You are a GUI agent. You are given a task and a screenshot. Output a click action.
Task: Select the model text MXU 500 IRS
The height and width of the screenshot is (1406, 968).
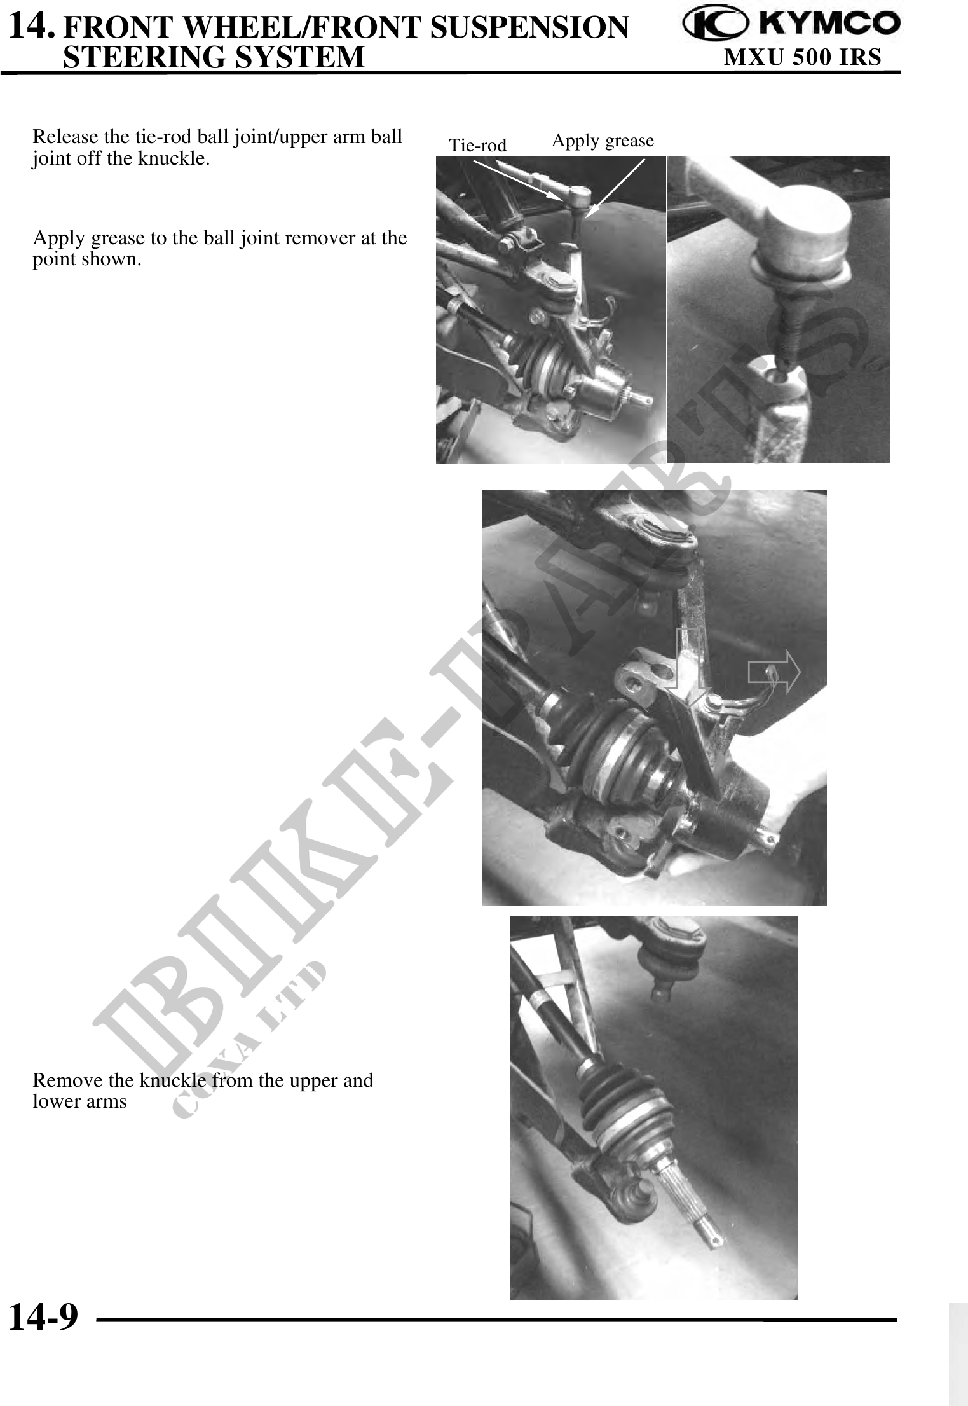coord(803,57)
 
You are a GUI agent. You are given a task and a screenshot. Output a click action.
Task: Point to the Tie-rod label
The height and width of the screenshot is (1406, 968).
coord(477,146)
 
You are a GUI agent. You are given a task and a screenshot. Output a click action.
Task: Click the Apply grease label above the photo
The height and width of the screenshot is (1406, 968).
coord(603,141)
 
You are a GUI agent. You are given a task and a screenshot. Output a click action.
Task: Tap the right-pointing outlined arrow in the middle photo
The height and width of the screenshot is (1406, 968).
coord(774,672)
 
